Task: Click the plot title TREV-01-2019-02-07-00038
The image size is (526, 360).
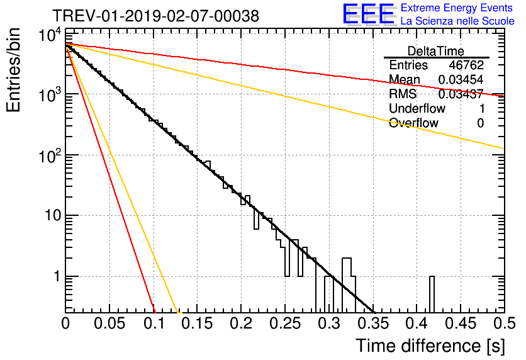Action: tap(155, 16)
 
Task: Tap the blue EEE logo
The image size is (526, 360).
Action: tap(368, 14)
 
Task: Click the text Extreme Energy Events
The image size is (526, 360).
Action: tap(457, 8)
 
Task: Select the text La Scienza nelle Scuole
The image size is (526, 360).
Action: tap(457, 21)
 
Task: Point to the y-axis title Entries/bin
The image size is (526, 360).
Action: tap(13, 70)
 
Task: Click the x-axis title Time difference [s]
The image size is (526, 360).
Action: tap(430, 346)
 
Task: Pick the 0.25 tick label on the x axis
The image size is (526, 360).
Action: tap(285, 323)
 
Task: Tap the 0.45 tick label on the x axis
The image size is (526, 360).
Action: tap(461, 323)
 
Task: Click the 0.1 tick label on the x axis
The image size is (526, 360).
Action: tap(154, 323)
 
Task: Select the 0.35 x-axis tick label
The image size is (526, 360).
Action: tap(373, 323)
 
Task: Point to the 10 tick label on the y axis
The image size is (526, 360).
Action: tap(53, 215)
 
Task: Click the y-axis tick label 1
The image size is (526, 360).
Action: tap(57, 276)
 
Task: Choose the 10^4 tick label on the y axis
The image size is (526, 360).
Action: tap(50, 35)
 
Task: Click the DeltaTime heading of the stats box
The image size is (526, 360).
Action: tap(436, 51)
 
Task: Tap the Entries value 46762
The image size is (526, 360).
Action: tap(466, 65)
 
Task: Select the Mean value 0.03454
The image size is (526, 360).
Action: tap(461, 79)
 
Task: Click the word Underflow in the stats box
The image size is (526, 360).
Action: tap(417, 108)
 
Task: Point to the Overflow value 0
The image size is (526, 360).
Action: tap(480, 123)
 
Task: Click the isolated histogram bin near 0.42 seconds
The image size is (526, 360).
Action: tap(432, 295)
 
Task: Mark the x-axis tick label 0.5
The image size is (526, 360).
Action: tap(505, 323)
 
